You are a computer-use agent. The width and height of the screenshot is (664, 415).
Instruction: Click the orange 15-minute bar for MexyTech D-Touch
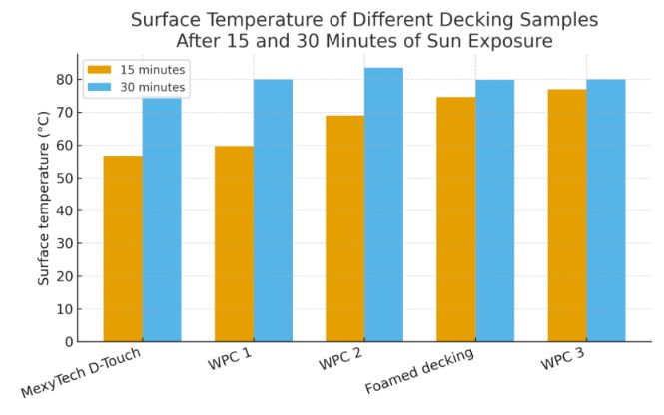tap(123, 249)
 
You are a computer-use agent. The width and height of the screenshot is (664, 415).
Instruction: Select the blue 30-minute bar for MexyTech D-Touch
tap(162, 219)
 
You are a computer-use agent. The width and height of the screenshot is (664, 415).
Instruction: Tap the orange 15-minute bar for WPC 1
tap(234, 244)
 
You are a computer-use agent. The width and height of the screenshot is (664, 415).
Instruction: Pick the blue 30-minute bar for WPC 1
tap(273, 210)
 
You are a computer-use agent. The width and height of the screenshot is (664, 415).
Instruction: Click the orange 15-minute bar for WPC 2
tap(344, 228)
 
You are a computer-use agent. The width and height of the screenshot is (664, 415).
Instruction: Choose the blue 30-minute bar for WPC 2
tap(383, 205)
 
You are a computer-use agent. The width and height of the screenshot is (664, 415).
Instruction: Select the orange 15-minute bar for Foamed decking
tap(456, 219)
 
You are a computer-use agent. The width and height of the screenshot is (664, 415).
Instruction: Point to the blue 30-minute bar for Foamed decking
tap(495, 210)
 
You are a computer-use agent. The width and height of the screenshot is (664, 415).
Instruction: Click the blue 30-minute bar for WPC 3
tap(606, 210)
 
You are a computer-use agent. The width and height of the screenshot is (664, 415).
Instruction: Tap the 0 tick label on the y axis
tap(66, 342)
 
